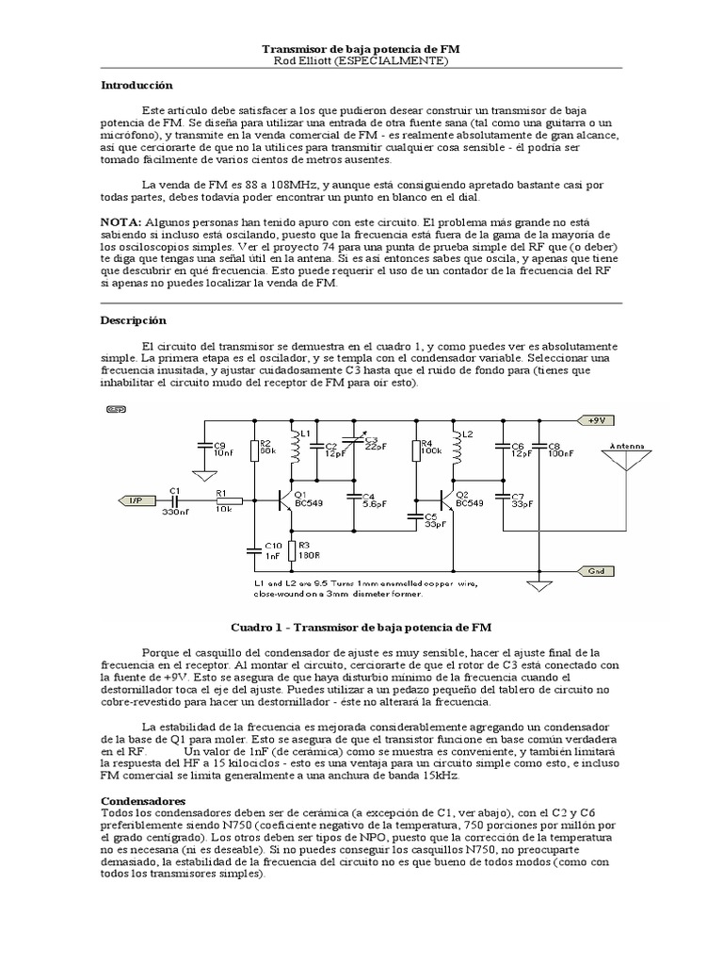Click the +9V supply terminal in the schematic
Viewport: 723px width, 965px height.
point(597,420)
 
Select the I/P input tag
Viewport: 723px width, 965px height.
point(133,500)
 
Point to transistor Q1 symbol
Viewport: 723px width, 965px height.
point(285,501)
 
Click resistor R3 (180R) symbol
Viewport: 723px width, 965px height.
point(292,549)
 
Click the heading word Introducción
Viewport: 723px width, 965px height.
point(137,85)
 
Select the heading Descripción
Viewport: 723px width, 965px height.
point(133,320)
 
